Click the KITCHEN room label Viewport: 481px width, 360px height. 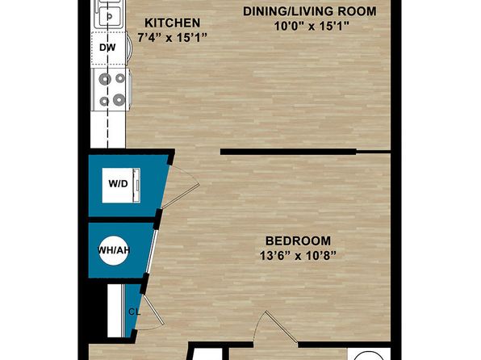172,23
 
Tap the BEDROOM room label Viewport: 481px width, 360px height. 298,241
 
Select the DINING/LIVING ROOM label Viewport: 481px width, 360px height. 310,11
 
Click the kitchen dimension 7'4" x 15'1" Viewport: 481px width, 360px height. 172,38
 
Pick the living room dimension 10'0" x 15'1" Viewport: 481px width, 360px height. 312,27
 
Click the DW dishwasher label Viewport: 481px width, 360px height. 107,48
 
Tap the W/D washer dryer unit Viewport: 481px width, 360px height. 121,186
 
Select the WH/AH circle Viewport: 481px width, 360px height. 113,250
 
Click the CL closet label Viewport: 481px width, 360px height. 134,312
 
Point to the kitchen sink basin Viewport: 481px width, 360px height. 109,17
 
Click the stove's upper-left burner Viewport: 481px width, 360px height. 105,79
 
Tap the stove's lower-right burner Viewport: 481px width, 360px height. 119,100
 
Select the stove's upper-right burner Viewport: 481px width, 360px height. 119,78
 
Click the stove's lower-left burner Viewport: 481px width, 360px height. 104,101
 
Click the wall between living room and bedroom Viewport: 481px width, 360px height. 288,152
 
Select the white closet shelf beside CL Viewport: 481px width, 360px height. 115,311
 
